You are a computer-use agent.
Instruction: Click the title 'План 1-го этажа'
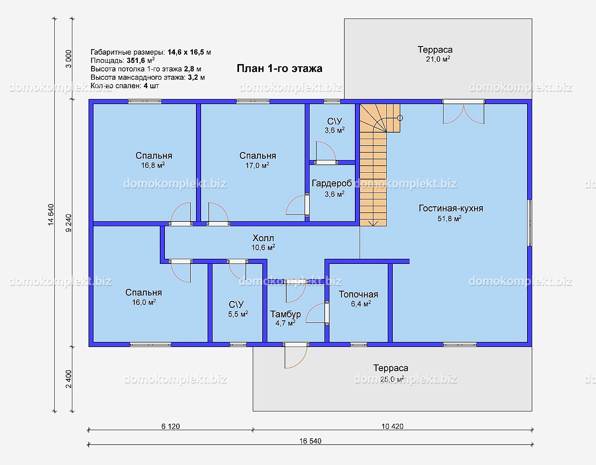tap(279, 68)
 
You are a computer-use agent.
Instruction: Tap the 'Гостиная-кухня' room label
tap(451, 208)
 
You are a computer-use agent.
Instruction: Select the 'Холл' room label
tap(263, 238)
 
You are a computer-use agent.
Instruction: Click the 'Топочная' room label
tap(358, 294)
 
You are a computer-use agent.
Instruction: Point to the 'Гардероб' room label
tap(332, 183)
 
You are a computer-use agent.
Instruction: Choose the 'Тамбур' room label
tap(286, 314)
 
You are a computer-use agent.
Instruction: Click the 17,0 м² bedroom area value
tap(257, 165)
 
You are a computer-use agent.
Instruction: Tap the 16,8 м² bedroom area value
tap(153, 165)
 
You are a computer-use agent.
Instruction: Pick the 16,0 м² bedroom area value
tap(144, 302)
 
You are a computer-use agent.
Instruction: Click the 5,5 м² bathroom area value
tap(238, 314)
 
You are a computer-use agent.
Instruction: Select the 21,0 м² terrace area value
tap(438, 59)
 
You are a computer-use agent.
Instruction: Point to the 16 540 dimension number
tap(310, 441)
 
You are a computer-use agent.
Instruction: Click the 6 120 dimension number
tap(171, 426)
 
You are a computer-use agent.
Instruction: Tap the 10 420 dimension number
tap(392, 426)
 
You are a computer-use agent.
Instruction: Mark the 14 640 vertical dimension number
tap(51, 215)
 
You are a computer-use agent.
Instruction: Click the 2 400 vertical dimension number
tap(68, 379)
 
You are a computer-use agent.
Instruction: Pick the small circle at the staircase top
tap(400, 118)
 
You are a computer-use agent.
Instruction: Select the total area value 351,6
tap(136, 60)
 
